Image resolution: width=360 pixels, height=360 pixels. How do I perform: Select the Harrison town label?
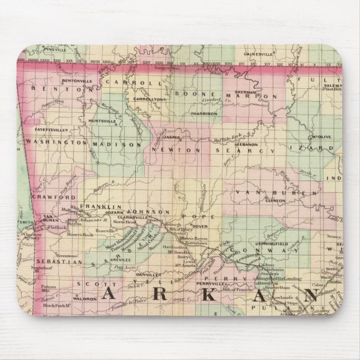click(206, 113)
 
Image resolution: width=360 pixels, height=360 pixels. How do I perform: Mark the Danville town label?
click(146, 276)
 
